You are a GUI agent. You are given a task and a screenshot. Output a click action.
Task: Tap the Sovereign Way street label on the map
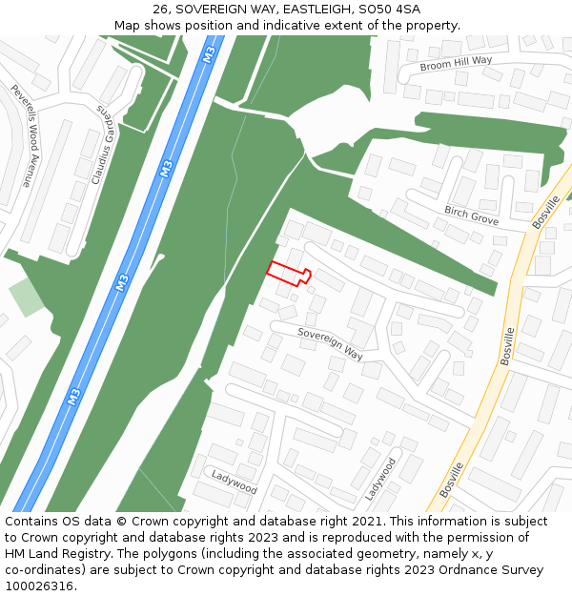(x=331, y=344)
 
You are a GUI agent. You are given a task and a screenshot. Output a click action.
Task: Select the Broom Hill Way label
(x=456, y=64)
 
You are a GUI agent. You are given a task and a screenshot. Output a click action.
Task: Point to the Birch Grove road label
(x=471, y=214)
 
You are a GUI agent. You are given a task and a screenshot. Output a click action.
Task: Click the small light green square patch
(x=27, y=298)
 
